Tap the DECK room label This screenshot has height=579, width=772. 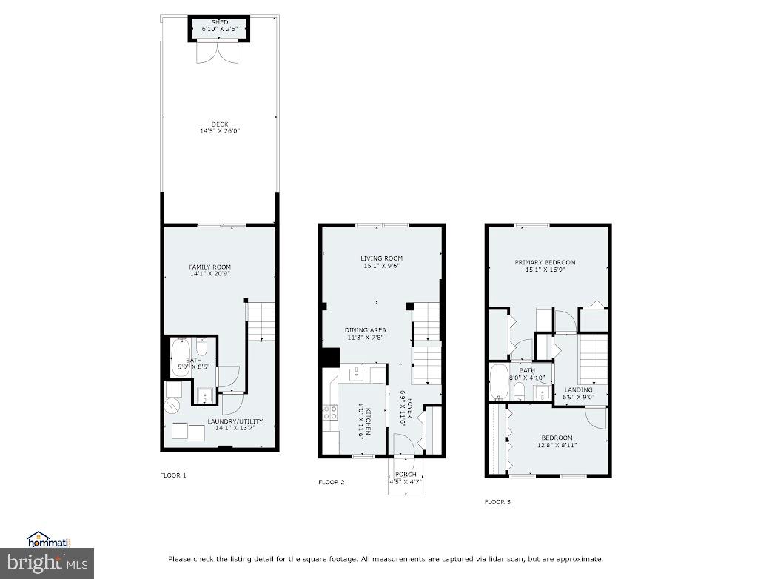[219, 124]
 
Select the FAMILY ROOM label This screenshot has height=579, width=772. [210, 267]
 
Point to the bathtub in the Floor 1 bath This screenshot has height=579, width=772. [181, 358]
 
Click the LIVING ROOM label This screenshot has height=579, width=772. [381, 258]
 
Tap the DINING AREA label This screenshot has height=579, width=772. [365, 330]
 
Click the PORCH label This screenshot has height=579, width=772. [406, 475]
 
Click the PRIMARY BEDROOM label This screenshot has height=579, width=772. [545, 262]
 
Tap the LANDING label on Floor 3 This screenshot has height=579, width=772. [578, 389]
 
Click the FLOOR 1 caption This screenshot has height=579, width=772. [173, 475]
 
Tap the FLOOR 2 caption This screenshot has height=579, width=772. [332, 483]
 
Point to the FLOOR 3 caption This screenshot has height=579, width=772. [497, 502]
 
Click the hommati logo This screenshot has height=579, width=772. [47, 539]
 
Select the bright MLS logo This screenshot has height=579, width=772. [47, 563]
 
